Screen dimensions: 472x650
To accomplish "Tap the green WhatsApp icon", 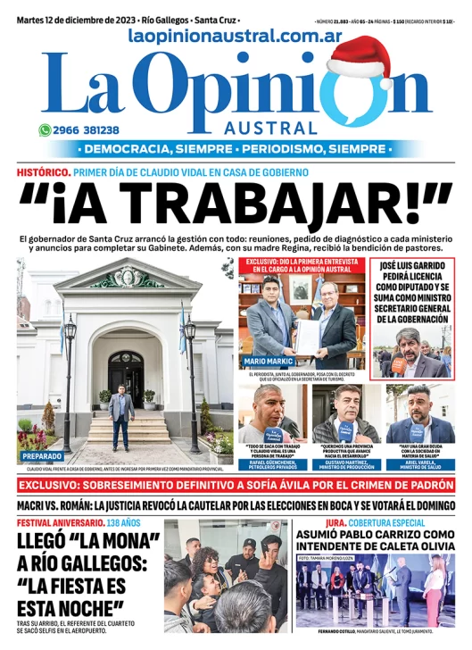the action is (44, 129).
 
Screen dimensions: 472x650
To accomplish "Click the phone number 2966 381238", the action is (87, 129).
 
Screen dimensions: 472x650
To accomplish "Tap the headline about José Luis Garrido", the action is (412, 294).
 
